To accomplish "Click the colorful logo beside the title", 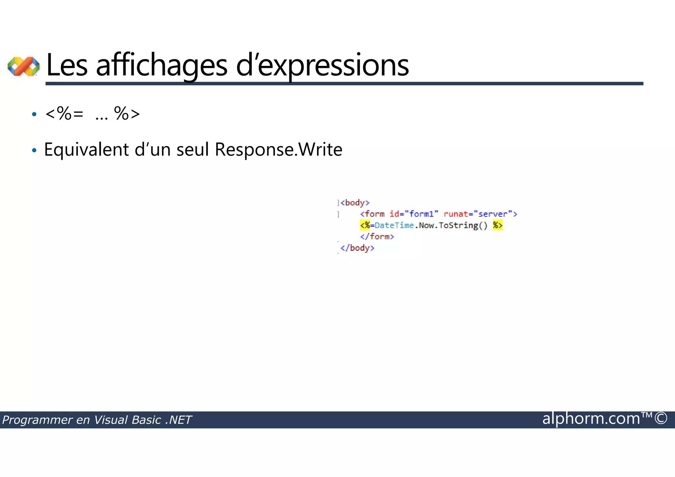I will pos(24,66).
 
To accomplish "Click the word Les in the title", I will pos(67,65).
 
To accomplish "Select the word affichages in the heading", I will pos(161,65).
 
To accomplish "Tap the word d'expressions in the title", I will pos(322,65).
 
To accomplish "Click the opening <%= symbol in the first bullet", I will pos(64,114).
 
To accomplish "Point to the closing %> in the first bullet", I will pos(127,114).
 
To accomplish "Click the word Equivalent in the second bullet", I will pos(86,150).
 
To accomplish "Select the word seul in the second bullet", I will pos(193,150).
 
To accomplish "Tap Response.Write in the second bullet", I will pos(279,150).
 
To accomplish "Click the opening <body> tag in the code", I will pos(355,203).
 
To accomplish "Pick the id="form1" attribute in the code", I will pos(414,214).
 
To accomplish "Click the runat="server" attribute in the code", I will pos(478,214).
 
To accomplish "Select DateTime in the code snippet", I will pos(394,225).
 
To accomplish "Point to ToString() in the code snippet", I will pos(463,225).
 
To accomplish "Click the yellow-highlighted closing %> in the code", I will pos(498,225).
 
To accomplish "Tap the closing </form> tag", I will pos(377,237).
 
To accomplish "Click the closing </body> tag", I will pos(358,248).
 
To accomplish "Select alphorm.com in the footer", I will pos(591,419).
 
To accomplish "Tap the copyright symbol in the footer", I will pos(661,419).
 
